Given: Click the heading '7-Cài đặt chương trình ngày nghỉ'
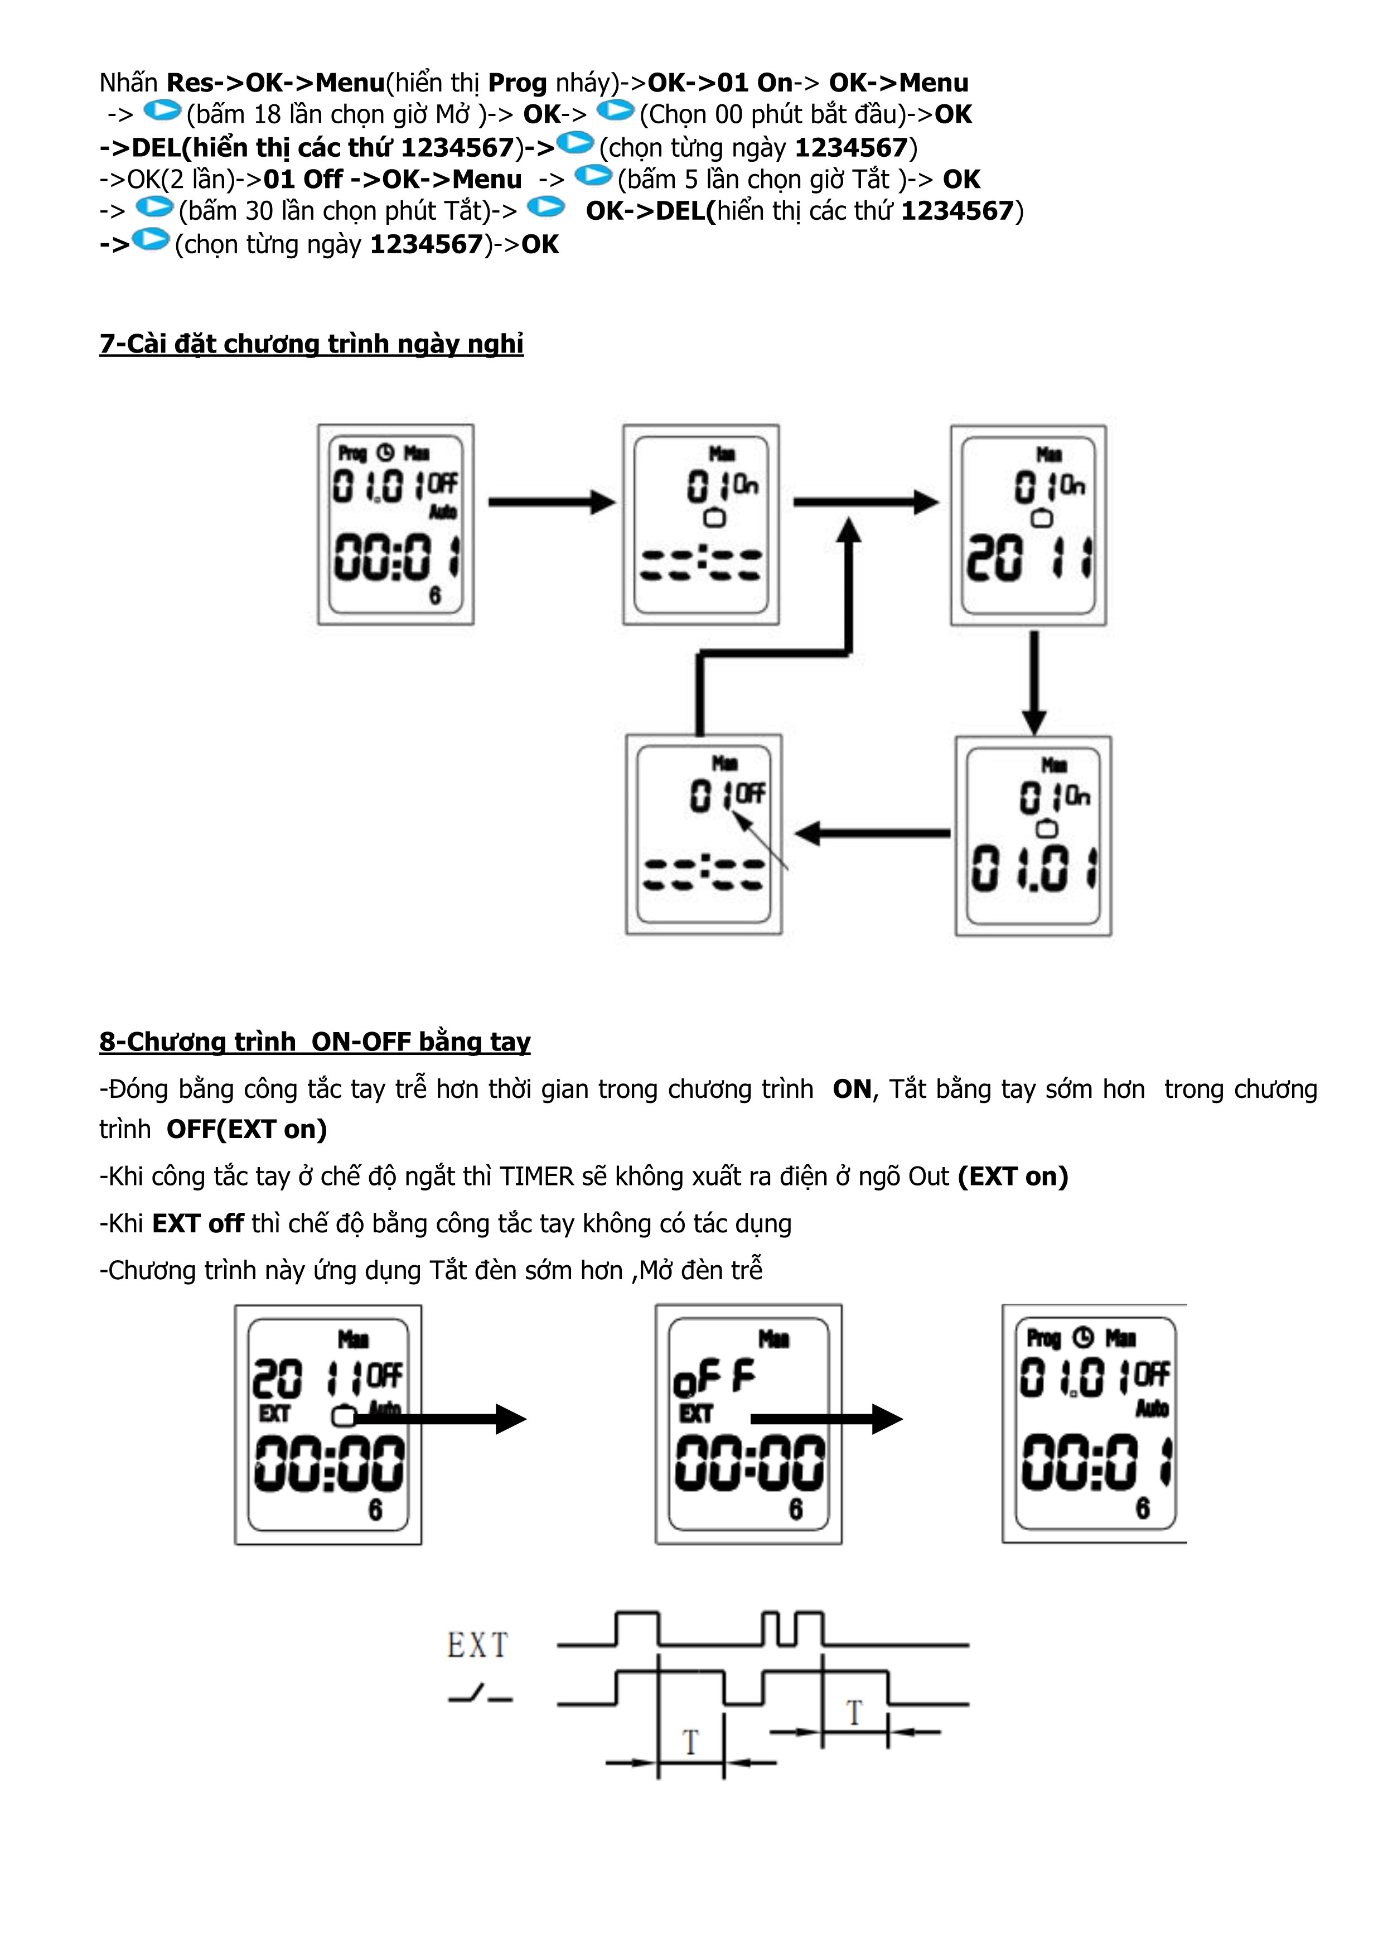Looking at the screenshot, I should click(311, 344).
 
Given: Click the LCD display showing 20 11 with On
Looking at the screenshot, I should click(1028, 525).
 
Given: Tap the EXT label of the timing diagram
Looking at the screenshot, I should click(477, 1646).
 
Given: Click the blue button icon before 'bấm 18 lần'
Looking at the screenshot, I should click(162, 112).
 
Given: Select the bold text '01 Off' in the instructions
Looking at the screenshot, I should click(302, 180).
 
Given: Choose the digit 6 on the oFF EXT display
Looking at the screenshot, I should click(795, 1510).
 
